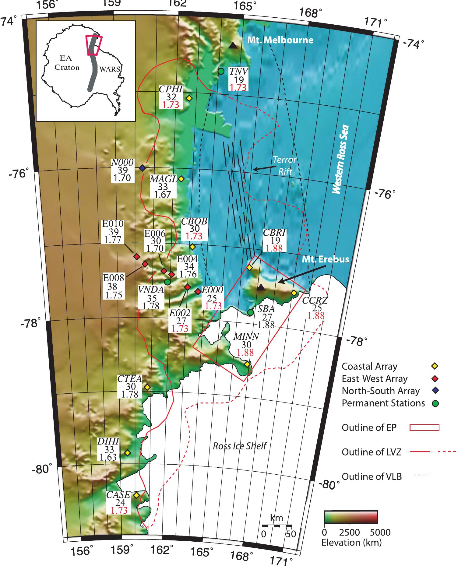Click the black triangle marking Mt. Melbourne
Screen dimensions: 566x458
point(233,46)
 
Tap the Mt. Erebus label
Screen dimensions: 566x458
point(325,259)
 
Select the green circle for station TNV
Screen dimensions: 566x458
point(221,71)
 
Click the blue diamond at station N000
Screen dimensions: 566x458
point(142,168)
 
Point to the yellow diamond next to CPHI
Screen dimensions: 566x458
point(189,98)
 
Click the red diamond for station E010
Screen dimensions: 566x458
point(137,257)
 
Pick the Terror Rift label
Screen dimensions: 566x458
point(284,165)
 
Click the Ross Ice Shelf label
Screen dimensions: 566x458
point(239,446)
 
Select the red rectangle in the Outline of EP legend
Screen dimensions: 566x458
point(425,427)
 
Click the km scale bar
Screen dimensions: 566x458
point(277,526)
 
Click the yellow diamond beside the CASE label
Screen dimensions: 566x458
point(136,495)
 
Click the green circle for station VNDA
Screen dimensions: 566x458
point(167,282)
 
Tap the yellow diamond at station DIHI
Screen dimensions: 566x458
point(128,453)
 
